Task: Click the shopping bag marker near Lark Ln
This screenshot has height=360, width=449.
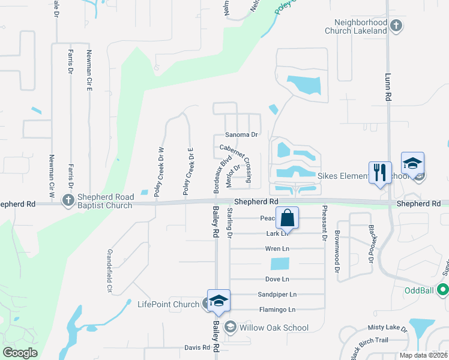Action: click(288, 218)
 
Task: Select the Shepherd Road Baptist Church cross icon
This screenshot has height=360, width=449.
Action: click(68, 199)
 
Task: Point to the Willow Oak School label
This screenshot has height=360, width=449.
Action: click(274, 328)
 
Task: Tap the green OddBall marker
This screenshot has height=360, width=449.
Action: click(443, 290)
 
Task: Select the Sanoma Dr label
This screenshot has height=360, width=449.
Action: click(241, 135)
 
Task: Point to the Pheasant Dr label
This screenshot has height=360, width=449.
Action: click(325, 223)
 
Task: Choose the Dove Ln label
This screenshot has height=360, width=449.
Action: click(277, 279)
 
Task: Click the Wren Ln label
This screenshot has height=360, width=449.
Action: click(277, 248)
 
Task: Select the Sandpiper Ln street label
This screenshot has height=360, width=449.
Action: click(277, 295)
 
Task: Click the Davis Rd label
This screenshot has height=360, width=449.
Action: click(197, 347)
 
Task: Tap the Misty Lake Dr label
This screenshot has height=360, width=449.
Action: click(388, 328)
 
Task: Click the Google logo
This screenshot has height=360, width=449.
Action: click(20, 353)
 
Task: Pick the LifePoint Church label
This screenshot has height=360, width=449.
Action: click(168, 305)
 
